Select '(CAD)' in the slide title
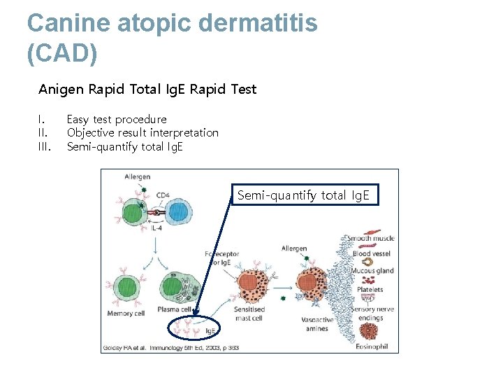coord(62,53)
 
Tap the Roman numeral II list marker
coord(43,132)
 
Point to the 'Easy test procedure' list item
coord(116,119)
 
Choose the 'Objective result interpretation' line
coord(142,132)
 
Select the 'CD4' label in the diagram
coord(163,195)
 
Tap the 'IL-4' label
coord(159,228)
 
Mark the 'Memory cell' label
coord(126,314)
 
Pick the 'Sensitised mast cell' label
coord(249,313)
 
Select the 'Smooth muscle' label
coord(370,239)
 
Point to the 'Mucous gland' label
coord(372,271)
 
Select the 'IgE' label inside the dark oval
coord(210,330)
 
